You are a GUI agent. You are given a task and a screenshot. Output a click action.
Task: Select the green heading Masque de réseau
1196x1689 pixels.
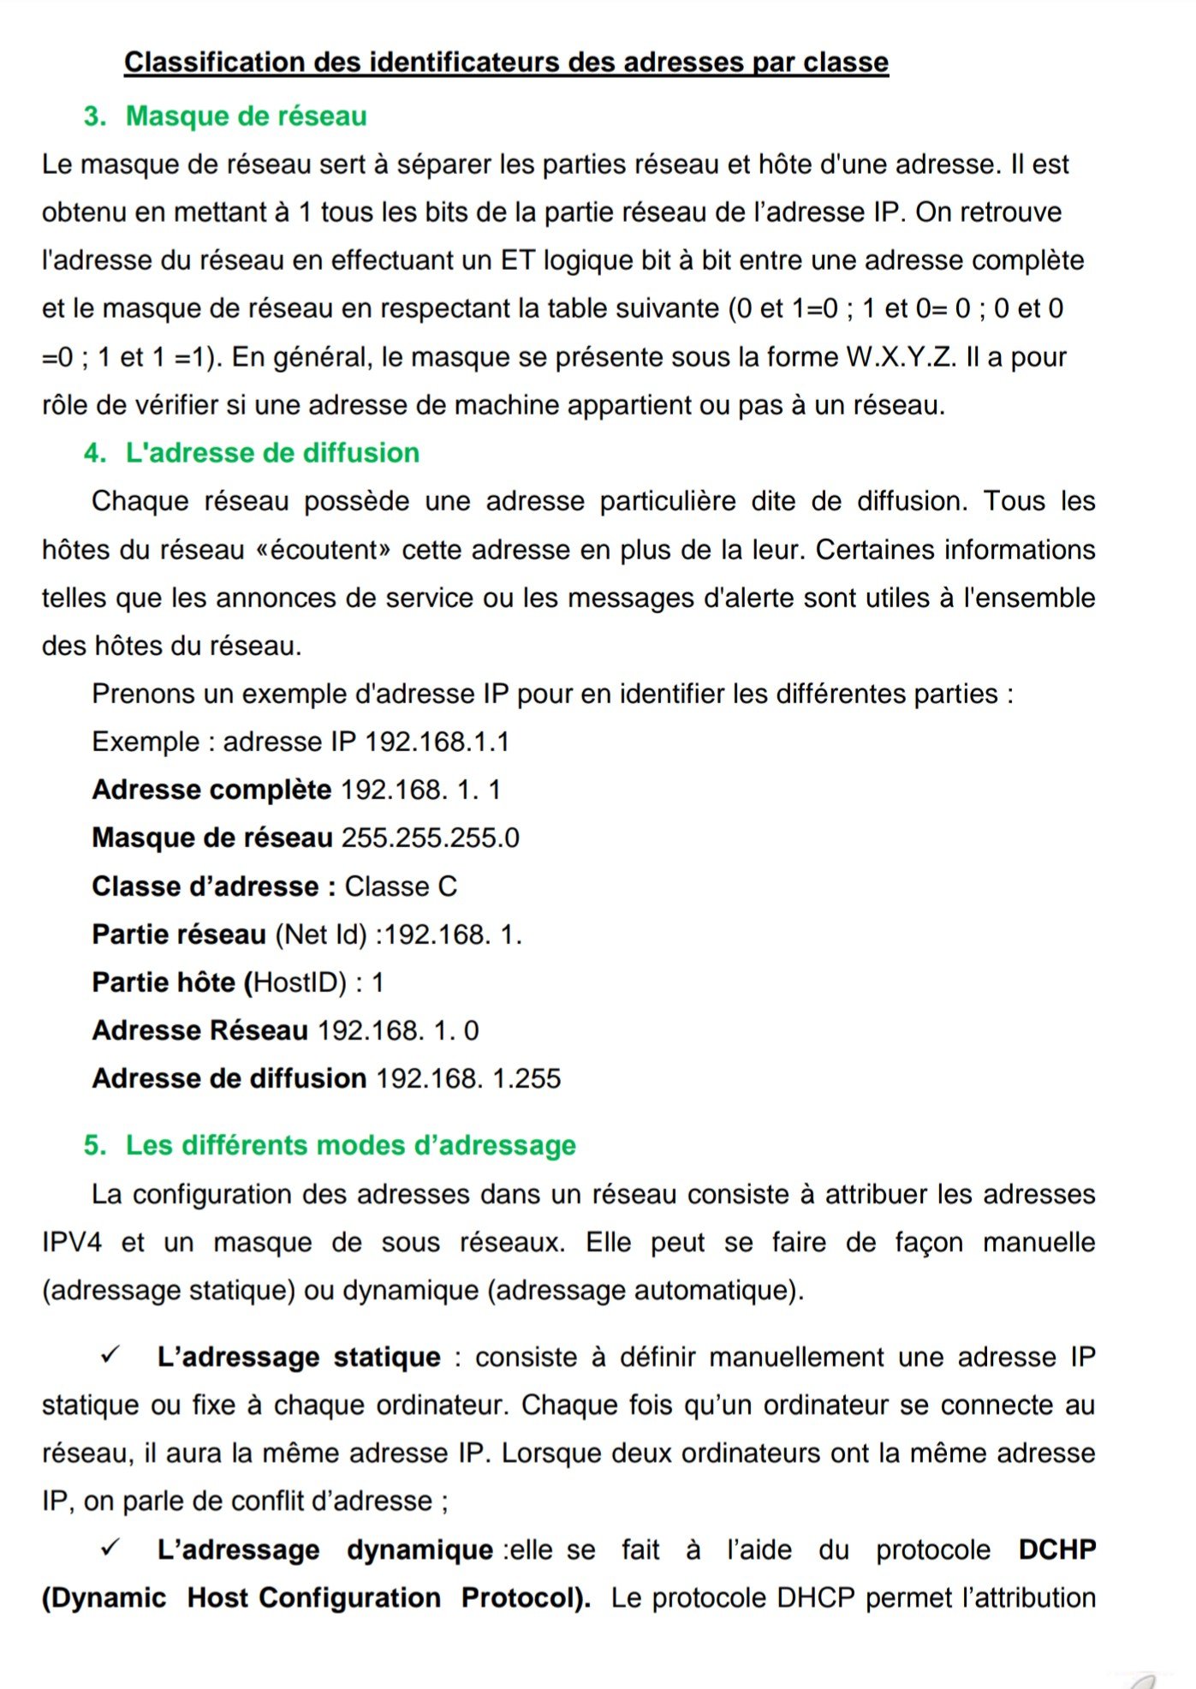[246, 116]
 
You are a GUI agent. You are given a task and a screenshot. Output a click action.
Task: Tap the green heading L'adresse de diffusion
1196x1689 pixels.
[272, 453]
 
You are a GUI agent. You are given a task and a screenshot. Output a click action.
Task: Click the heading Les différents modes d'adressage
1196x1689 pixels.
[350, 1145]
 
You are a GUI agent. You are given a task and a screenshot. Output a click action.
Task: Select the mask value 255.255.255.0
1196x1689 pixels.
[431, 838]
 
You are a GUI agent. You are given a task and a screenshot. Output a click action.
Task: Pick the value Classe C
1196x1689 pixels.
[401, 886]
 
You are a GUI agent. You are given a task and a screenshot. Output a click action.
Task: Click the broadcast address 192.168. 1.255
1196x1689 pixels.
[468, 1078]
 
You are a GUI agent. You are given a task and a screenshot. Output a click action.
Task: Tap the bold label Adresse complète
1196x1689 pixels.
[211, 790]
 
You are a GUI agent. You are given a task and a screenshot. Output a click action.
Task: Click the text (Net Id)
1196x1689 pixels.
[321, 934]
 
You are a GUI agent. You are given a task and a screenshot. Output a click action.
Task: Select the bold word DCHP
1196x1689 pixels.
[1057, 1550]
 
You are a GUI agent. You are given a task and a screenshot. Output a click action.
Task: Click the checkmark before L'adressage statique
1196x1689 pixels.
[110, 1356]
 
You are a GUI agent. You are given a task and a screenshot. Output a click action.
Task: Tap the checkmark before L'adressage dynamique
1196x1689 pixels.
[110, 1549]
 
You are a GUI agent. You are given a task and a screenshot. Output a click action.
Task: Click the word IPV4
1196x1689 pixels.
[72, 1243]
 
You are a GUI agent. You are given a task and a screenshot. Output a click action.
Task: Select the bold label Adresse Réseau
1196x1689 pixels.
[199, 1030]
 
